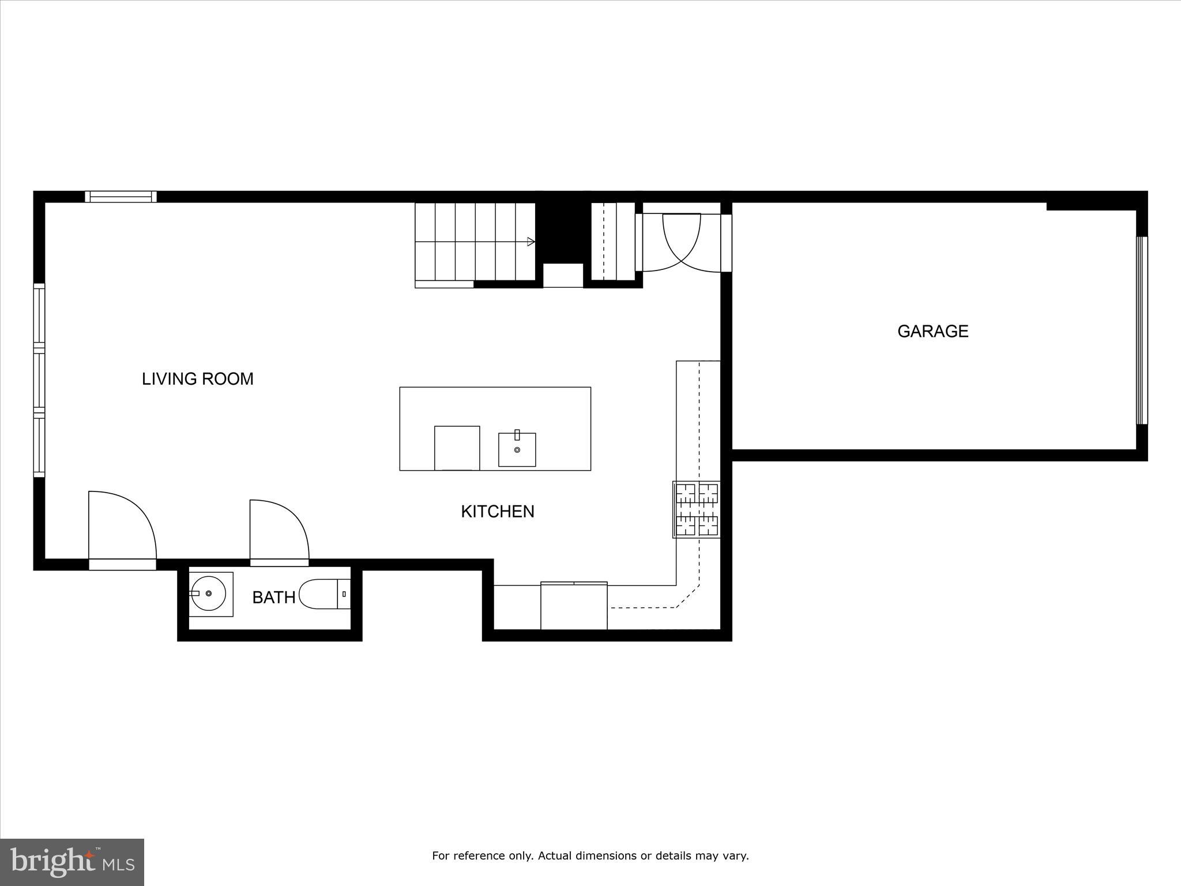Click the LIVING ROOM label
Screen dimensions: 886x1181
point(198,379)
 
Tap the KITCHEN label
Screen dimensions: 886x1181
point(498,512)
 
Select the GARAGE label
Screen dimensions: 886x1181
point(932,331)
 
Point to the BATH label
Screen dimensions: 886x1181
point(274,598)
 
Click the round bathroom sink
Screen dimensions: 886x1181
point(209,594)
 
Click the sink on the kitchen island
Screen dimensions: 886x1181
point(517,449)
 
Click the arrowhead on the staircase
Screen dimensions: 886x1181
point(531,242)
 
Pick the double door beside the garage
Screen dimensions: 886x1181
point(682,242)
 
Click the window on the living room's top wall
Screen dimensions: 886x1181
point(121,197)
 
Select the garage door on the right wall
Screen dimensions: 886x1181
point(1141,331)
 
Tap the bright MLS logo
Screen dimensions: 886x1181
point(72,862)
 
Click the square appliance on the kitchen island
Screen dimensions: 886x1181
point(457,448)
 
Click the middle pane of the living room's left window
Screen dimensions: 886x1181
point(39,380)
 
